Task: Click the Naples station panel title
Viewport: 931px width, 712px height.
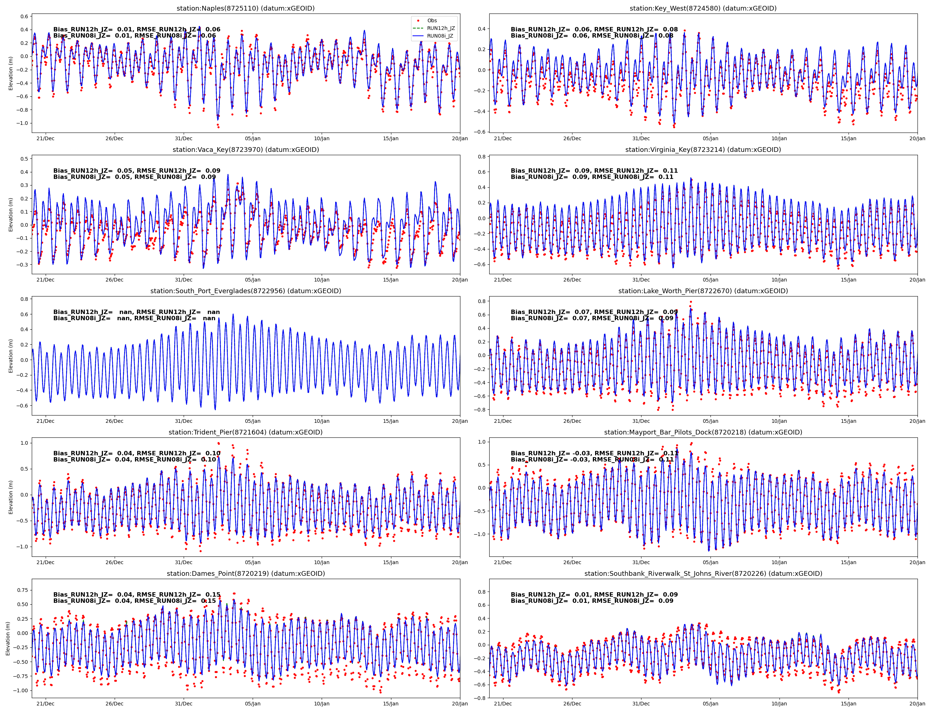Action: point(245,8)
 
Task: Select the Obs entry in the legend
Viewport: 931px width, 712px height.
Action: point(432,20)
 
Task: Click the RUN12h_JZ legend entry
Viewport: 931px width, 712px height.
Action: point(440,28)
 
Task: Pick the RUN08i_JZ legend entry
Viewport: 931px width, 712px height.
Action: point(440,36)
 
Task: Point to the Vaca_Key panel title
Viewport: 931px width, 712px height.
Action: point(245,150)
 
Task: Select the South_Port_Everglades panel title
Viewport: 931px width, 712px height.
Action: point(245,291)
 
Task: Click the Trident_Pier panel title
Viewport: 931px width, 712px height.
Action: point(245,432)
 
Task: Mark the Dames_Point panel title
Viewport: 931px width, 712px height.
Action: point(245,573)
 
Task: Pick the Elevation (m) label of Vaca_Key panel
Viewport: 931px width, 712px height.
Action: point(11,214)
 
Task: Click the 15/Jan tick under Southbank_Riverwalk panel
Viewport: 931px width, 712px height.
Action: point(848,704)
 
